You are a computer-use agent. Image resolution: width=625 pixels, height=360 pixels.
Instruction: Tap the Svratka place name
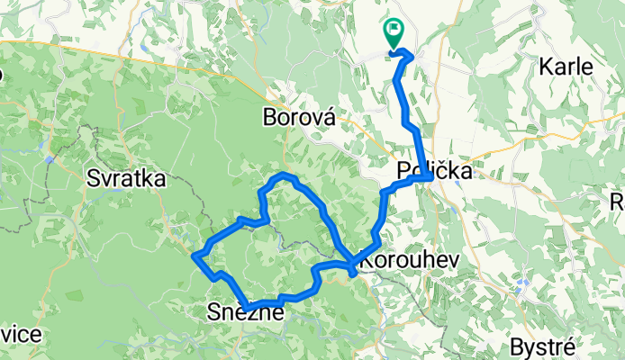click(125, 179)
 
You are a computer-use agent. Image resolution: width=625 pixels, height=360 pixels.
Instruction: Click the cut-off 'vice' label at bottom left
click(20, 335)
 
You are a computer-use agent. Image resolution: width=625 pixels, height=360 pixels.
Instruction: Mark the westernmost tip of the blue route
click(194, 256)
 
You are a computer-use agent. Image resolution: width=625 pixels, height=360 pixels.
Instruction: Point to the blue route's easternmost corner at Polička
click(432, 177)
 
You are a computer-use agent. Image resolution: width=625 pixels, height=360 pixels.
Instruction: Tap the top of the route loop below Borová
click(284, 173)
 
